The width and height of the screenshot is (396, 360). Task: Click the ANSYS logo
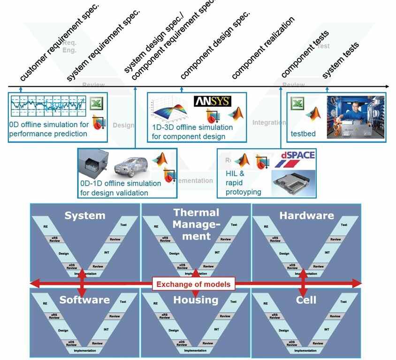(x=212, y=101)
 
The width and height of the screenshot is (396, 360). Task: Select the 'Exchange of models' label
(x=193, y=284)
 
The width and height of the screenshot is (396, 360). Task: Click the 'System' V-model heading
(x=85, y=215)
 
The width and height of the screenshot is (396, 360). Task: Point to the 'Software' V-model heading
(x=84, y=300)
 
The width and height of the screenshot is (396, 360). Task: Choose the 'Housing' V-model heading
(x=196, y=300)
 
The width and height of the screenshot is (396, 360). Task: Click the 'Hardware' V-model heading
(x=307, y=216)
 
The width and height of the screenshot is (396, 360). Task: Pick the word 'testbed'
(x=303, y=134)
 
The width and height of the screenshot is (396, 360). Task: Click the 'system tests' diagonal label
(x=340, y=61)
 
